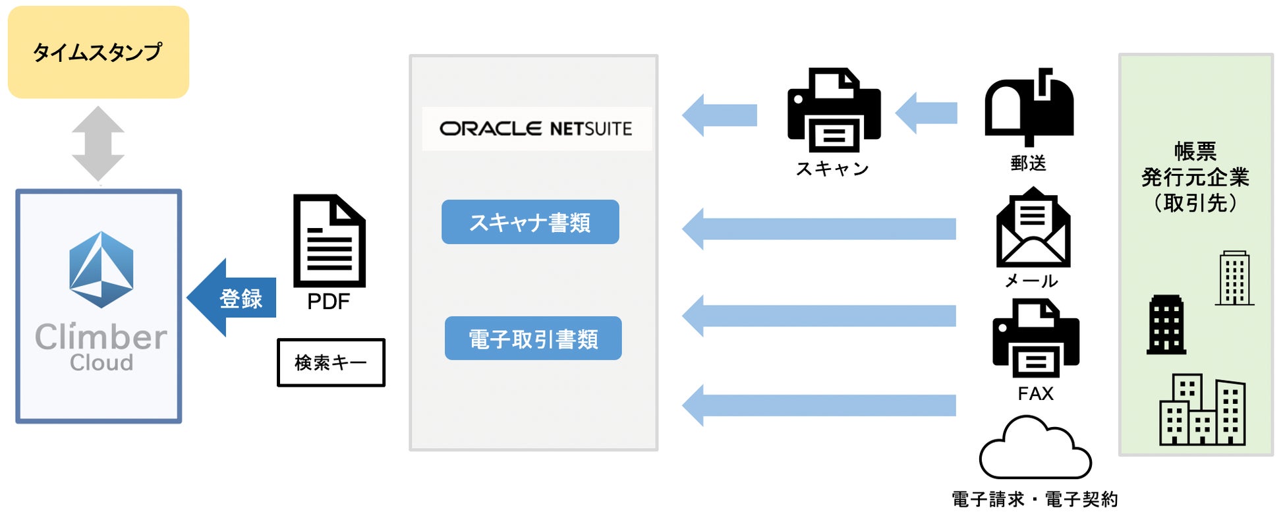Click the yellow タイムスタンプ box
click(x=98, y=52)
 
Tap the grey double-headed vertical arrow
click(x=98, y=144)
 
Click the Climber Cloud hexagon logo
click(x=101, y=270)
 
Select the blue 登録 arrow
click(x=232, y=298)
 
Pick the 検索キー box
click(x=331, y=362)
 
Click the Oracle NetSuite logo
click(x=536, y=128)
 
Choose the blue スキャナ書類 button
click(x=530, y=222)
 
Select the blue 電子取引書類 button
click(x=533, y=339)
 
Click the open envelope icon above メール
click(x=1033, y=227)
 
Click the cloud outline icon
click(x=1035, y=449)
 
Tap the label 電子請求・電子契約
click(x=1035, y=500)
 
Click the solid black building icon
click(x=1166, y=325)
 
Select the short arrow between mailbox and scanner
click(x=927, y=113)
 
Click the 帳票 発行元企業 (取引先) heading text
click(x=1195, y=177)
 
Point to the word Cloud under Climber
click(x=101, y=363)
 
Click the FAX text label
click(x=1035, y=393)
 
